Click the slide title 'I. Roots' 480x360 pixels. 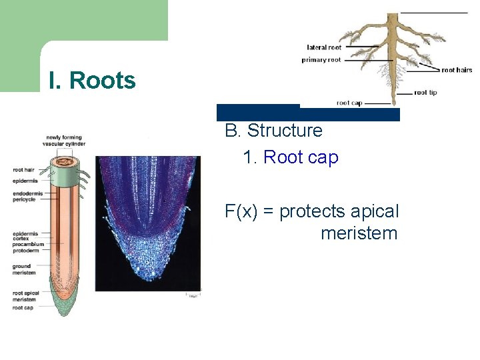(92, 81)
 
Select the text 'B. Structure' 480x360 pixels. (273, 131)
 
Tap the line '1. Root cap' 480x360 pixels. (291, 157)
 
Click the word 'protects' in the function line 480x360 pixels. (312, 212)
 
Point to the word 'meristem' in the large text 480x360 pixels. (359, 234)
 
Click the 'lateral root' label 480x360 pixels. (324, 47)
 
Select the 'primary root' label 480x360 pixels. (321, 59)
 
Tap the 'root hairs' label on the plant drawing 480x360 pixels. (457, 70)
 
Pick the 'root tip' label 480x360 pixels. (425, 93)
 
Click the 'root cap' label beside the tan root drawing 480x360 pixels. (349, 103)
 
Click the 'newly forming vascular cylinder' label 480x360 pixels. (62, 141)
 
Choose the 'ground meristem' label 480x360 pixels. (25, 269)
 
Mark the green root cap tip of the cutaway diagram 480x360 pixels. (65, 308)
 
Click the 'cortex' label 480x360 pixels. (22, 239)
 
